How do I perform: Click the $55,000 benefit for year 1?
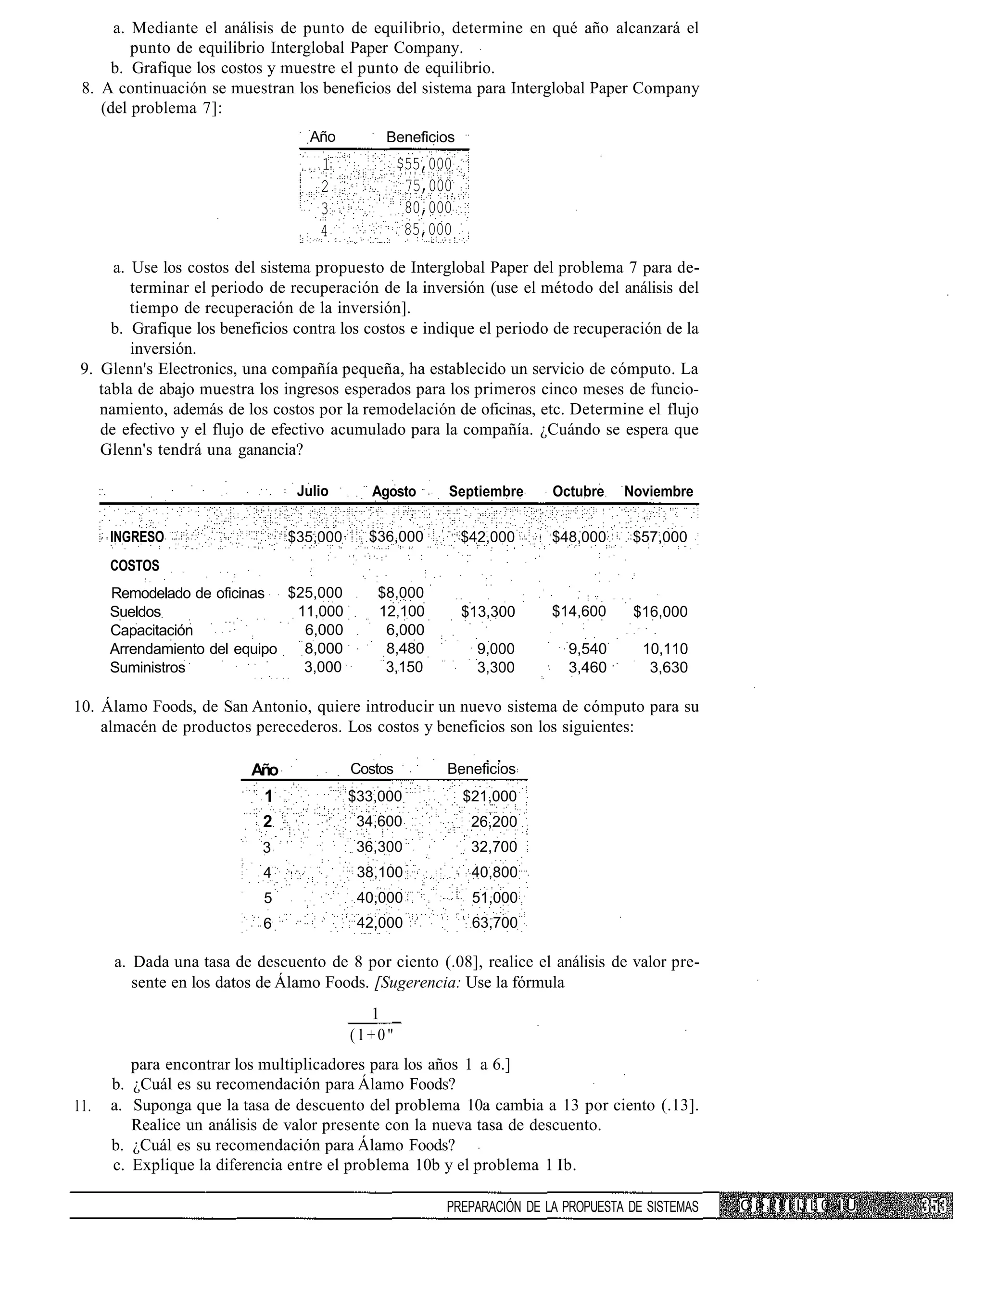pyautogui.click(x=425, y=163)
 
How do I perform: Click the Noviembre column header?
pyautogui.click(x=658, y=492)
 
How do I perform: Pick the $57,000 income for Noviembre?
pyautogui.click(x=659, y=537)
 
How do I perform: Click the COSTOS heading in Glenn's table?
pyautogui.click(x=135, y=566)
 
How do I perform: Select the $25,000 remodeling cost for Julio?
pyautogui.click(x=315, y=593)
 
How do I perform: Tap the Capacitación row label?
pyautogui.click(x=152, y=631)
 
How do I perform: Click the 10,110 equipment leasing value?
pyautogui.click(x=666, y=649)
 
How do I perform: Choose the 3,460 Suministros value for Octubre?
pyautogui.click(x=587, y=668)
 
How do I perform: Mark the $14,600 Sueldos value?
pyautogui.click(x=579, y=612)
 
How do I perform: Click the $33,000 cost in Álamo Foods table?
pyautogui.click(x=375, y=796)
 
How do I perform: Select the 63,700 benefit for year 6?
pyautogui.click(x=495, y=923)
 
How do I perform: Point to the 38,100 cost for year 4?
pyautogui.click(x=379, y=872)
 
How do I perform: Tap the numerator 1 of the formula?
pyautogui.click(x=375, y=1013)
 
